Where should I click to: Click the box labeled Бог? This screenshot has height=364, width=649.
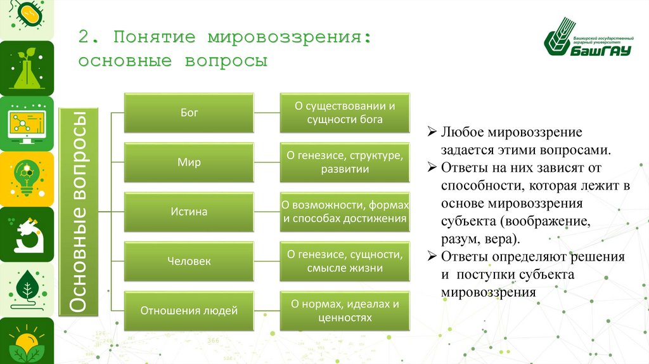pyautogui.click(x=189, y=113)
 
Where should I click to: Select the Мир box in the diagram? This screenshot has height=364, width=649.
pyautogui.click(x=189, y=162)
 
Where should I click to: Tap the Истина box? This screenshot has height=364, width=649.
pyautogui.click(x=189, y=212)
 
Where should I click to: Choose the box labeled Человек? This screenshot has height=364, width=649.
pyautogui.click(x=189, y=261)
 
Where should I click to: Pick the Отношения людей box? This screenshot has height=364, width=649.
pyautogui.click(x=189, y=311)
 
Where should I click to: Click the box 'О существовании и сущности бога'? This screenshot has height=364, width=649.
pyautogui.click(x=345, y=113)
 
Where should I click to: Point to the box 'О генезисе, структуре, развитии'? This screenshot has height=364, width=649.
pyautogui.click(x=345, y=162)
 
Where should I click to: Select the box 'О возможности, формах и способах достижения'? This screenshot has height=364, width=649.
pyautogui.click(x=345, y=212)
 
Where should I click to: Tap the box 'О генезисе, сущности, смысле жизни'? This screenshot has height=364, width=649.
pyautogui.click(x=345, y=261)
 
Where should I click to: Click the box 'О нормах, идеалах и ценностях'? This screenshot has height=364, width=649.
pyautogui.click(x=345, y=311)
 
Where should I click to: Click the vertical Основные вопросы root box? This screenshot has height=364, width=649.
pyautogui.click(x=79, y=212)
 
